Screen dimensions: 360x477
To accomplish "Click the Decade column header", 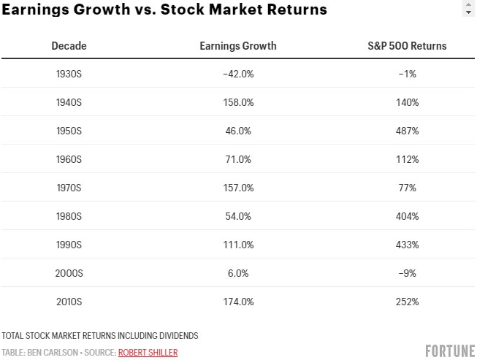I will click(x=69, y=46).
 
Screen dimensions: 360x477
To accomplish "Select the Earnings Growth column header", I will click(x=238, y=46).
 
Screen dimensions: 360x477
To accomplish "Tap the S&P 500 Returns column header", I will click(x=407, y=46).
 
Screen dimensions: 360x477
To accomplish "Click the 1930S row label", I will click(x=69, y=74).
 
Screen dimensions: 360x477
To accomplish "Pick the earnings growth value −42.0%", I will click(x=238, y=74).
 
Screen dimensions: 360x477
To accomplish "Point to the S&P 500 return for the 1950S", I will click(x=407, y=131).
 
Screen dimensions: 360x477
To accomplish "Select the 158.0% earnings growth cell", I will click(x=238, y=103).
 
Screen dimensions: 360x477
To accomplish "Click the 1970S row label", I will click(x=69, y=188).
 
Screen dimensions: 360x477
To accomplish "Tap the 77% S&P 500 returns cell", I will click(x=407, y=188).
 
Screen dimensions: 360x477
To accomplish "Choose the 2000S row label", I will click(x=69, y=273).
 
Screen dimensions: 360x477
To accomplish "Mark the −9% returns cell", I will click(x=407, y=273).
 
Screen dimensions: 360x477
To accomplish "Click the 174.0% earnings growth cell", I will click(x=238, y=302).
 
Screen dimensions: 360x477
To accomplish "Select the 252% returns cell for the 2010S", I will click(x=407, y=302).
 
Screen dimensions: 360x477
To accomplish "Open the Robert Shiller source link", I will click(x=148, y=353).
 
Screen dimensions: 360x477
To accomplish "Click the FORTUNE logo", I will click(x=450, y=351).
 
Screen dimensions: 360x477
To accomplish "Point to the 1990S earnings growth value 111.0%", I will click(x=238, y=245).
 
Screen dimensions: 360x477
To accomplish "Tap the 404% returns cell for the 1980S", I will click(x=407, y=217).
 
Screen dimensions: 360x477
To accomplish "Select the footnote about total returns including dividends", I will click(x=100, y=336).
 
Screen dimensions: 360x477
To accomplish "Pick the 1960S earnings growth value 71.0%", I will click(x=238, y=160).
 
